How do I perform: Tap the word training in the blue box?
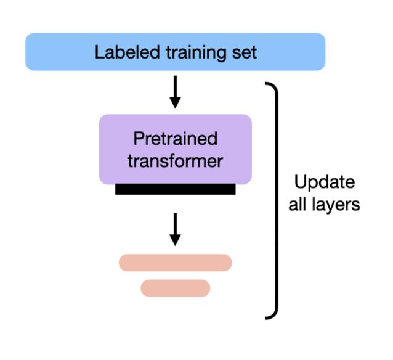191,52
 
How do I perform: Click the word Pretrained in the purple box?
176,139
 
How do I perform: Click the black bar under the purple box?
176,189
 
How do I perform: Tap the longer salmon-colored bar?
176,263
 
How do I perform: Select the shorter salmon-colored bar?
176,288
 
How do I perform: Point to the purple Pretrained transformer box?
176,149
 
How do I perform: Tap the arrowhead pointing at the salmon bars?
176,239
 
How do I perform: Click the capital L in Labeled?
99,52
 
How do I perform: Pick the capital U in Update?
299,183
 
